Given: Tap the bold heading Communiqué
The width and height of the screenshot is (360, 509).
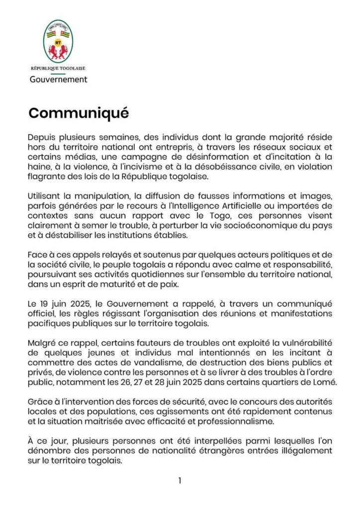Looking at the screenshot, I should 79,113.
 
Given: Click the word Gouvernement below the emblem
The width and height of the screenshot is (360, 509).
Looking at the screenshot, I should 58,80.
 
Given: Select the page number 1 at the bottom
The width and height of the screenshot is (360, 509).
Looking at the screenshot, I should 180,481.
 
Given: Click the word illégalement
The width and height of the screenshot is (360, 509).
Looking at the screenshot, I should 306,451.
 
